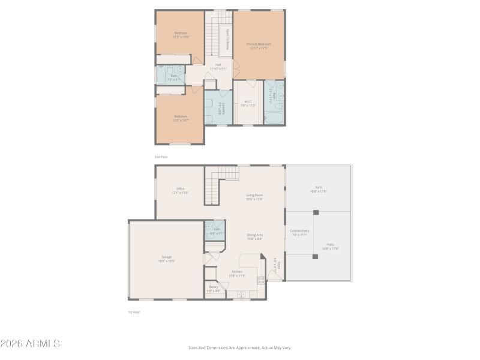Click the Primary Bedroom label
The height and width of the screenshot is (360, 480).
click(259, 44)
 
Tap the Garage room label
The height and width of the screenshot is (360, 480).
click(166, 257)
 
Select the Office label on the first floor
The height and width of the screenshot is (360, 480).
click(180, 188)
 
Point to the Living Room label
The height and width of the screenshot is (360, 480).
click(255, 195)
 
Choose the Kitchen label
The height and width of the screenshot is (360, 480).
click(237, 271)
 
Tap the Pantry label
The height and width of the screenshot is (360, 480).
click(214, 287)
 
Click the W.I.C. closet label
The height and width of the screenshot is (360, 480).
click(248, 102)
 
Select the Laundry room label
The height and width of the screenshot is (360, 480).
click(223, 109)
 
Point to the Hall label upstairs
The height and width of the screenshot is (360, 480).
click(218, 65)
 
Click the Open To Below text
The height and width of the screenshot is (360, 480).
click(227, 40)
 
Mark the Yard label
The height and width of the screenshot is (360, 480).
click(318, 187)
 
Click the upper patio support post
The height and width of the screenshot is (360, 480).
click(316, 212)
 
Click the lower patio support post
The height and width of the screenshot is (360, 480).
click(315, 256)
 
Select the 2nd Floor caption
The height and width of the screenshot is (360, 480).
click(161, 157)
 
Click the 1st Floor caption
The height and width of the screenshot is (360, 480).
click(134, 312)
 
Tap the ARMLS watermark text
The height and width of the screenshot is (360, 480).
click(30, 344)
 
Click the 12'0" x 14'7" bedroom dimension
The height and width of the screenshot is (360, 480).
click(181, 120)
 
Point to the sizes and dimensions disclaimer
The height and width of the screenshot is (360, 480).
click(239, 347)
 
